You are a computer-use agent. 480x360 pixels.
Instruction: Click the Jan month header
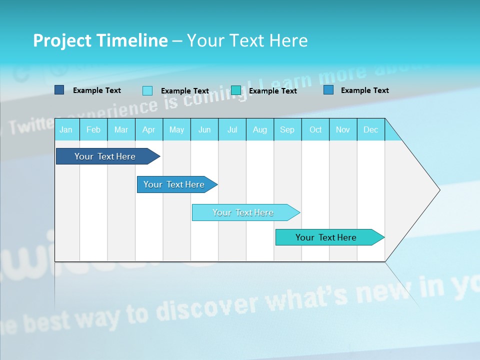click(66, 129)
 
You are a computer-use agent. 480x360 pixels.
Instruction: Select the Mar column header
click(121, 129)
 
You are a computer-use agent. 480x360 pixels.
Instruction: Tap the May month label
click(176, 129)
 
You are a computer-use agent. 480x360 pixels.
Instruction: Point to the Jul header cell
click(232, 129)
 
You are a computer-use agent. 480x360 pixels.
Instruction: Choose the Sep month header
click(287, 129)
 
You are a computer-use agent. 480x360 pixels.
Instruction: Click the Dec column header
click(370, 129)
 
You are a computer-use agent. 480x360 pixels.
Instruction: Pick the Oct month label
click(315, 129)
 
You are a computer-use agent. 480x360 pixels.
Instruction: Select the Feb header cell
click(93, 129)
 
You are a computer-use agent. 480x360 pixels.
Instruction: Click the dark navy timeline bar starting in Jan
click(105, 156)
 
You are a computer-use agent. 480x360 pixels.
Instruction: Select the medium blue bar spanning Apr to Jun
click(174, 184)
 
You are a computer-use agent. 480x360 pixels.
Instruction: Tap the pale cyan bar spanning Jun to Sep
click(243, 212)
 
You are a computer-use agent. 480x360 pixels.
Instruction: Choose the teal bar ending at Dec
click(326, 237)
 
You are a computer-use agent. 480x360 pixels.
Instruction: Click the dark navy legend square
click(59, 90)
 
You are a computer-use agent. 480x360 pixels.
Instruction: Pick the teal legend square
click(236, 90)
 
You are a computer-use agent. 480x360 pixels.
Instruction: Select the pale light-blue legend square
click(147, 90)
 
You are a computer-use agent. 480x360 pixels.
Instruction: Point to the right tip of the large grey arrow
click(439, 190)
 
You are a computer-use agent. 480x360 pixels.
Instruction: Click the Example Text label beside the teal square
click(272, 91)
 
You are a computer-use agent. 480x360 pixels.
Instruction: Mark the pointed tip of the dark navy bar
click(159, 156)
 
